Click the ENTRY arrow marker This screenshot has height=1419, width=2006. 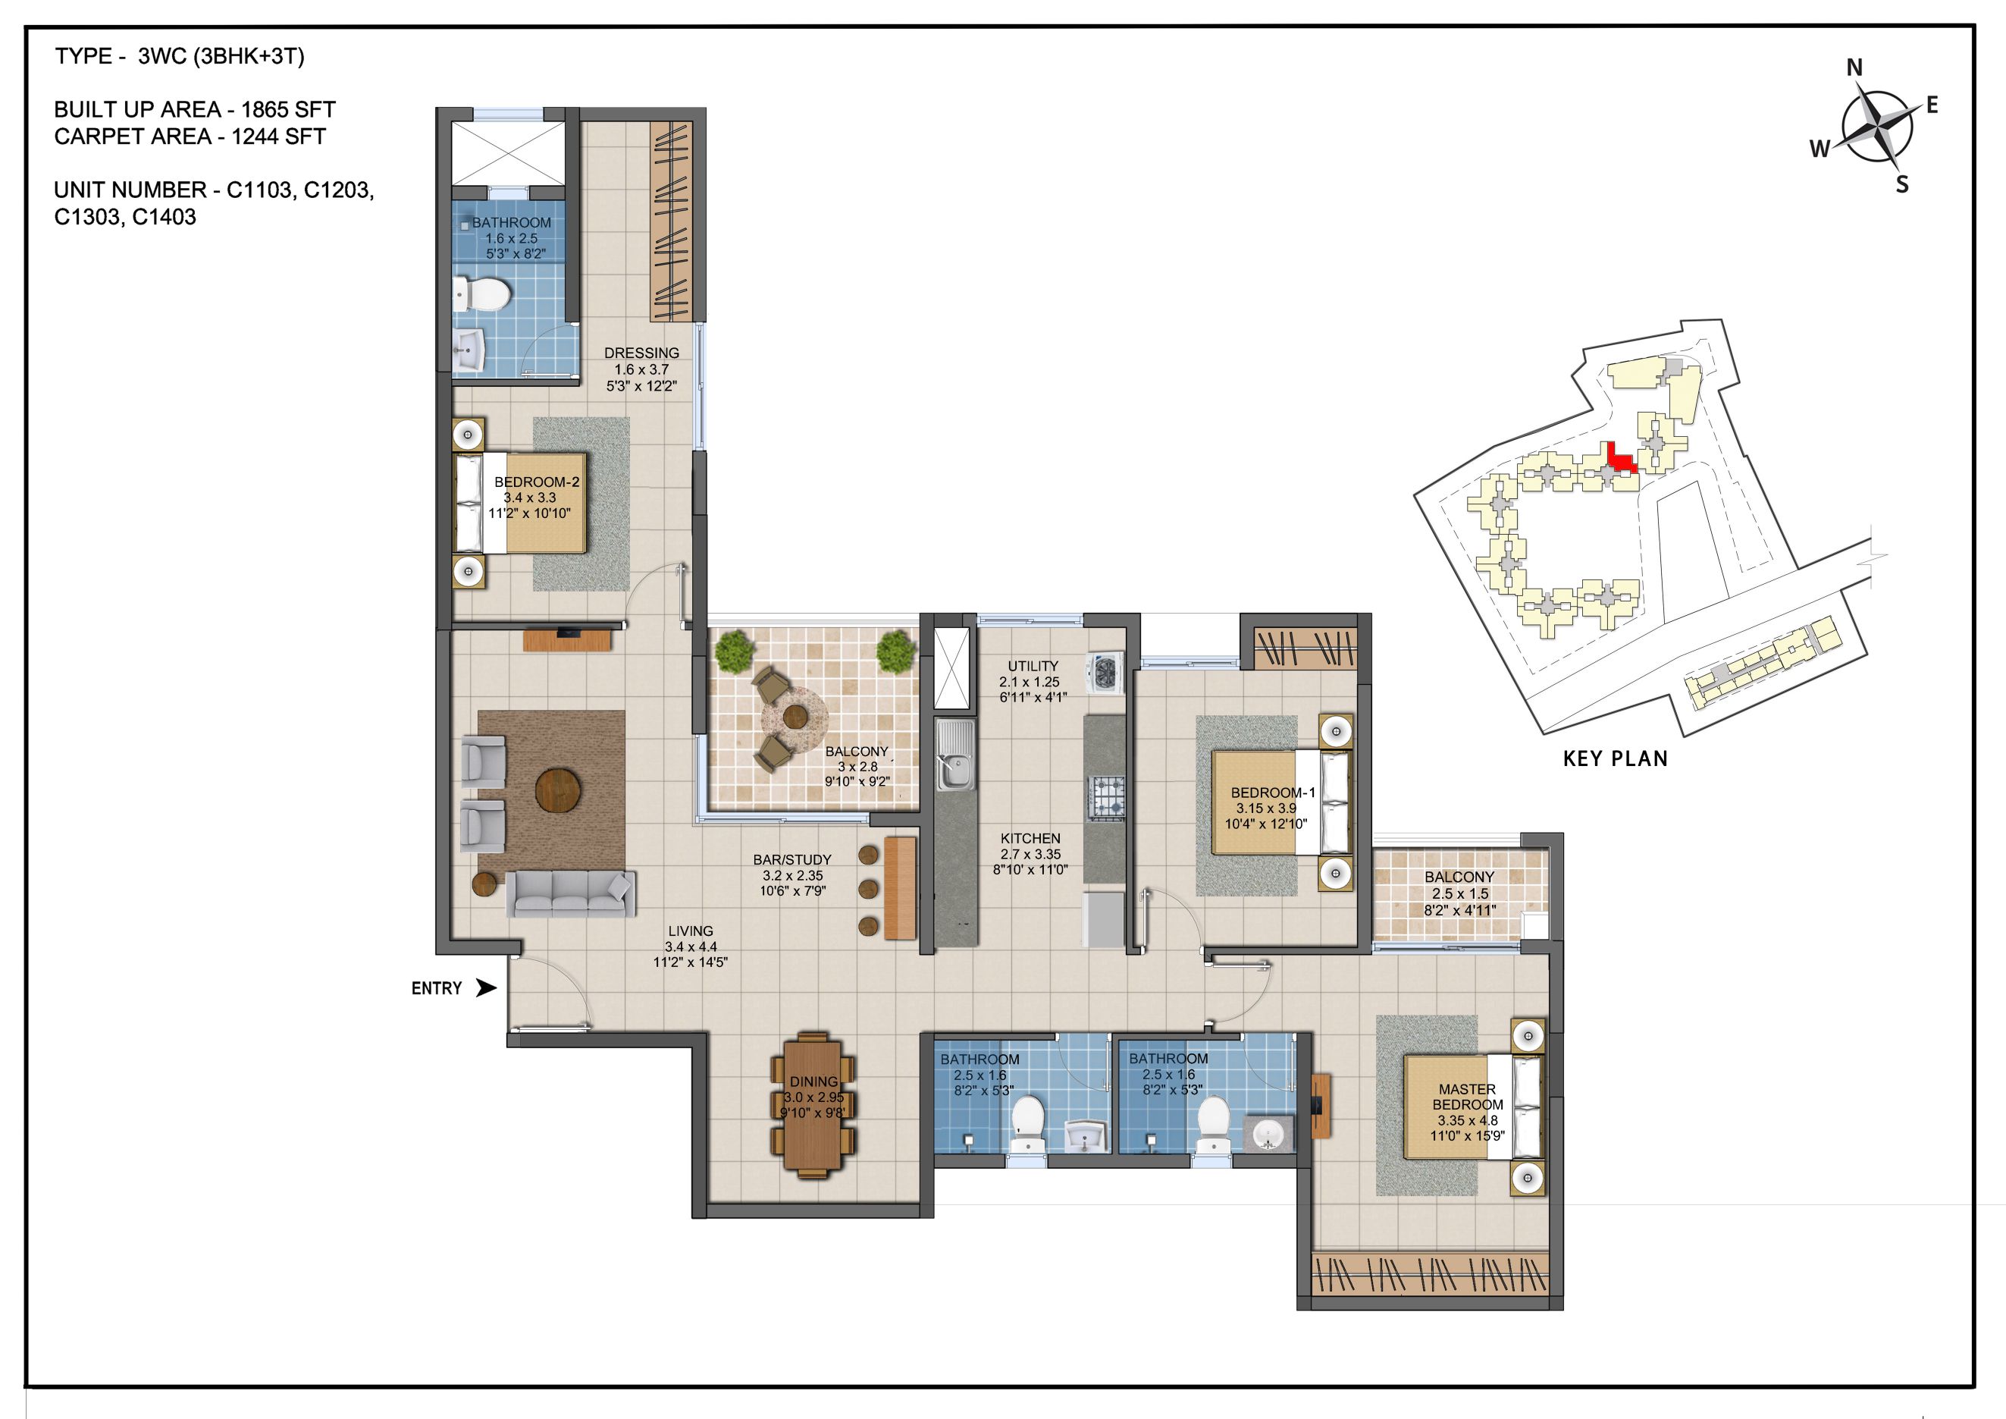point(485,988)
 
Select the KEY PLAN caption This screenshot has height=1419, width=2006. point(1615,758)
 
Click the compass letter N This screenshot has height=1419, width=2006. point(1854,67)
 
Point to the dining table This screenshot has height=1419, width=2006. point(813,1105)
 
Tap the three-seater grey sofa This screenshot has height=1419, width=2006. point(569,893)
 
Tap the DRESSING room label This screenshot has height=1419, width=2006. point(641,353)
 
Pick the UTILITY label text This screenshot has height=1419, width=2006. point(1032,666)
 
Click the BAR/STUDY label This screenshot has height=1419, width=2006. point(791,860)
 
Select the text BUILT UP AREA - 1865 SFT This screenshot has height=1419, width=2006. point(195,110)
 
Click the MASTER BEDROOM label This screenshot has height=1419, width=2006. point(1467,1097)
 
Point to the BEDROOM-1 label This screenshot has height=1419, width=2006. point(1272,793)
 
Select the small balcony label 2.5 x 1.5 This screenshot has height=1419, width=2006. point(1459,894)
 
